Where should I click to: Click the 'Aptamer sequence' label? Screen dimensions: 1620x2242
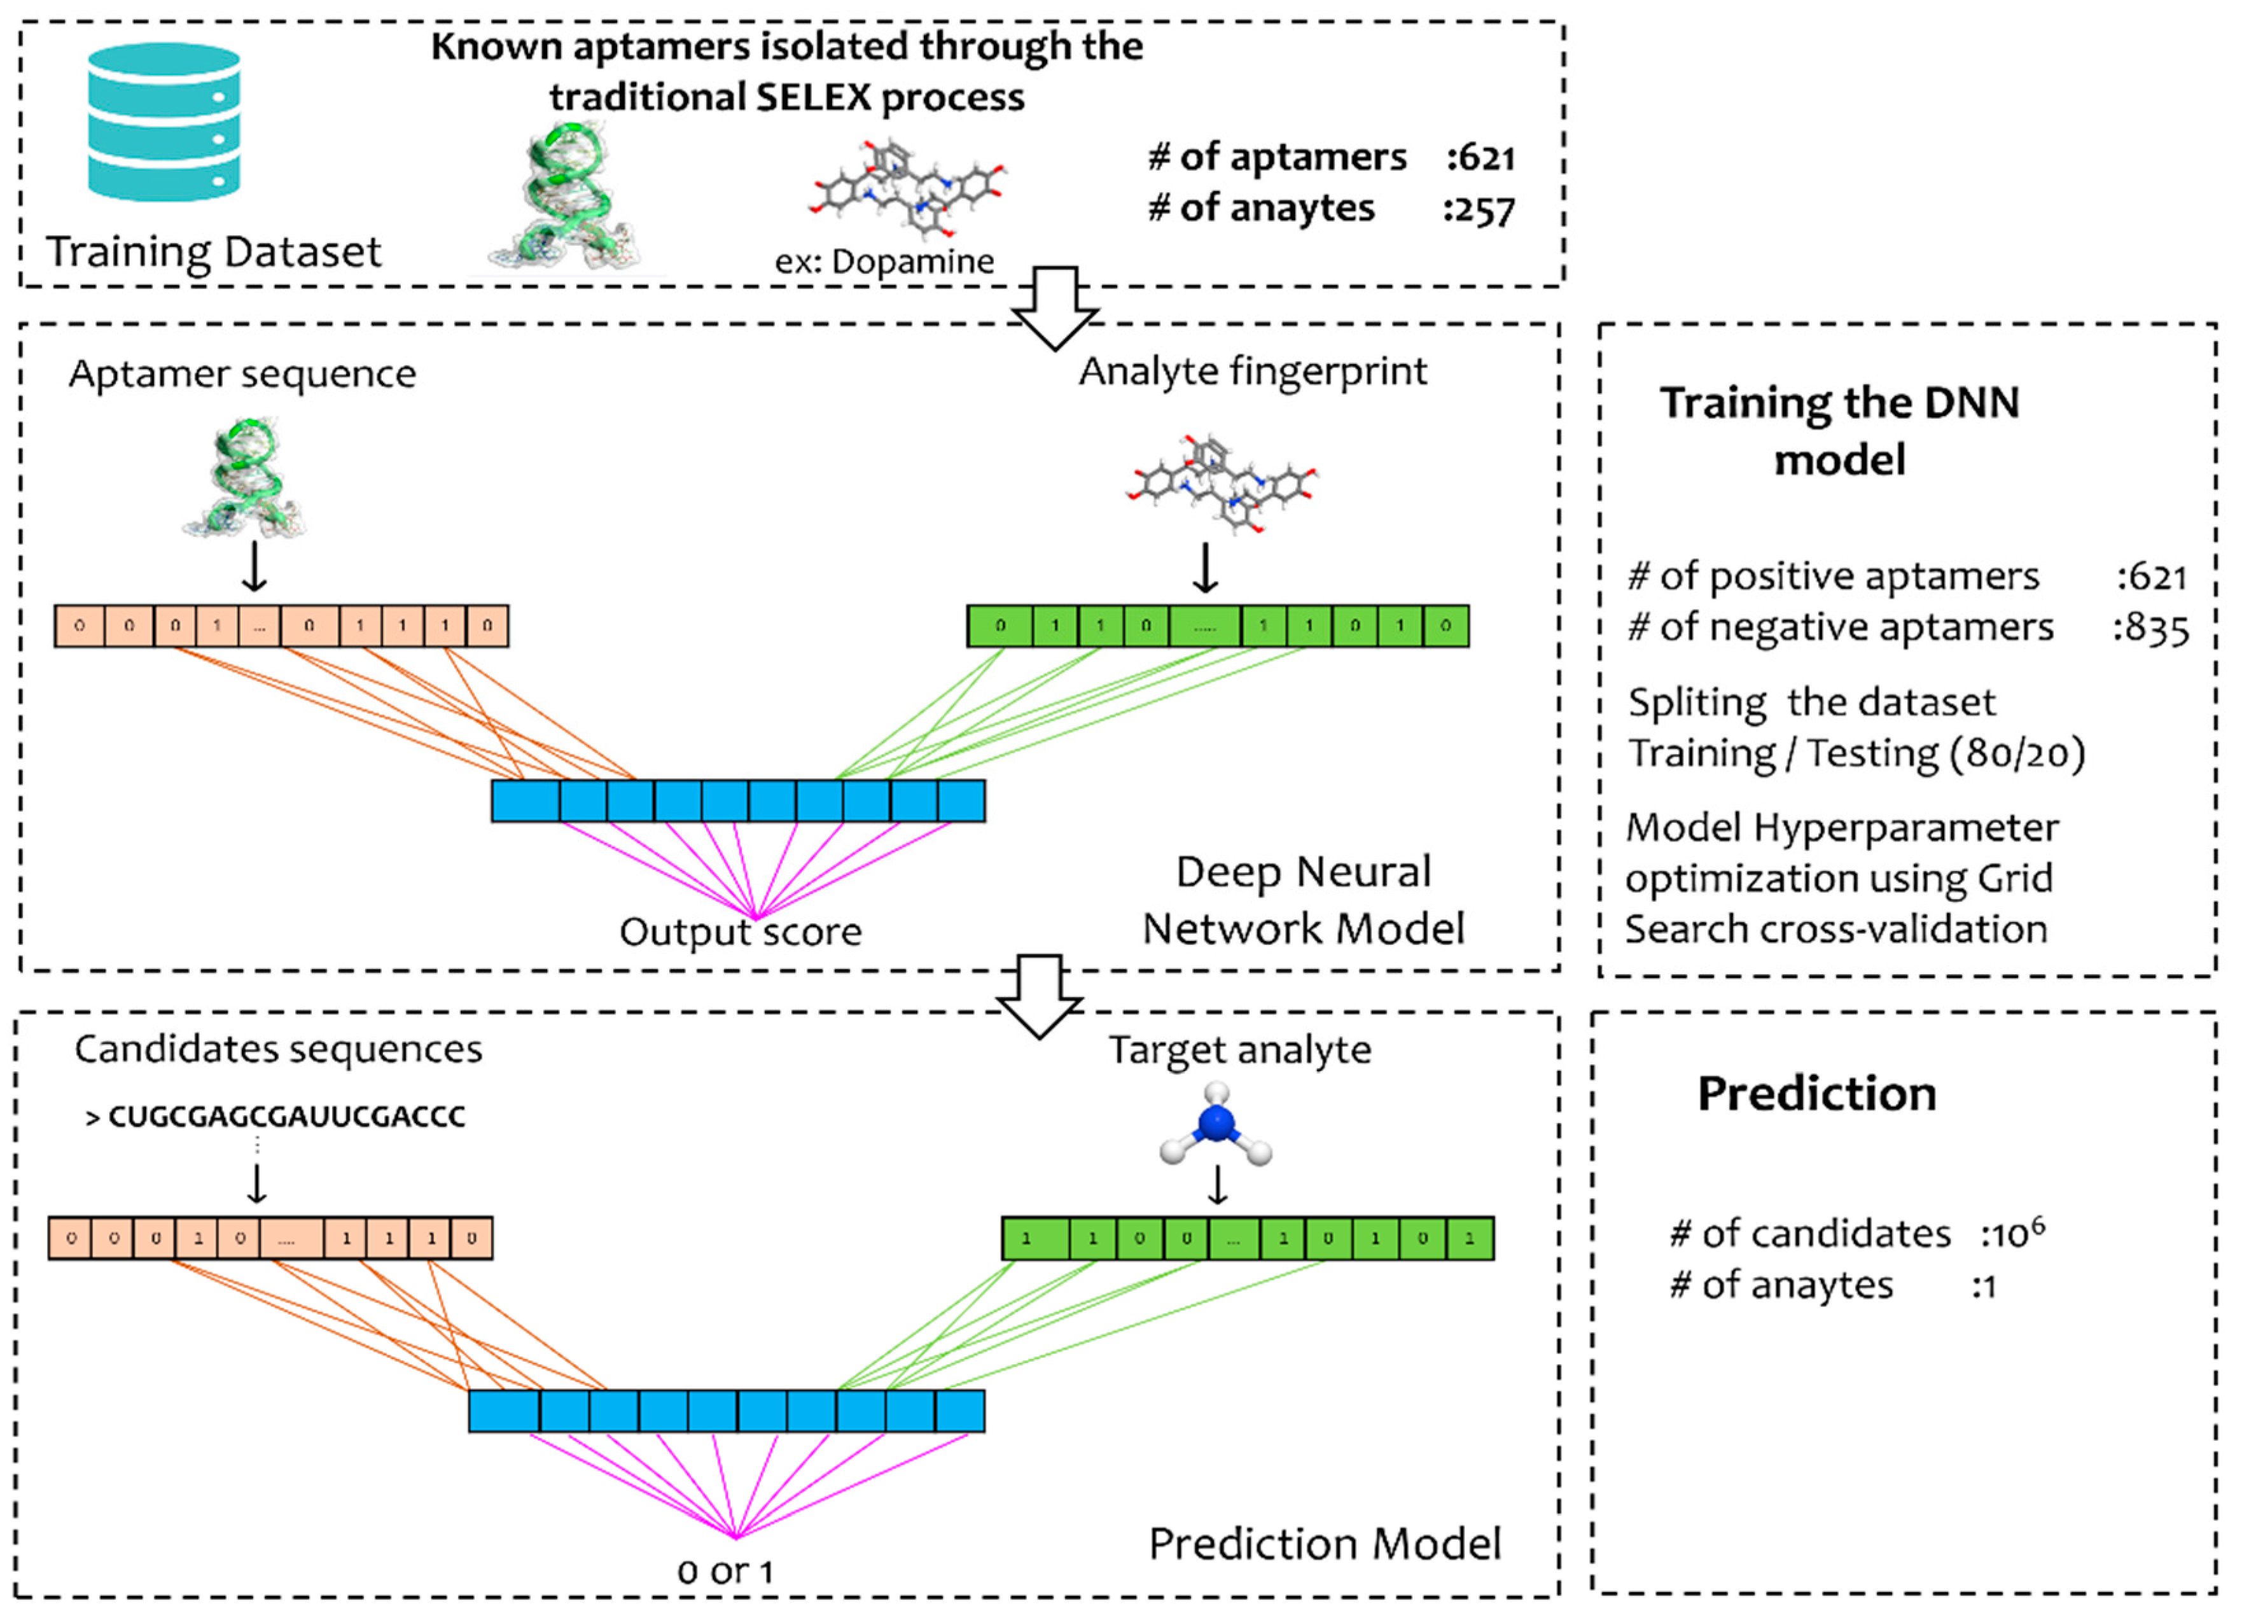[242, 374]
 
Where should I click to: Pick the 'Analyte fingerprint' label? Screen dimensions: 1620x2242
[1253, 372]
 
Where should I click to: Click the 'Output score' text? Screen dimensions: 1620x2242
[741, 931]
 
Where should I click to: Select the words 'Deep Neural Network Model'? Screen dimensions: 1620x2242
[1303, 900]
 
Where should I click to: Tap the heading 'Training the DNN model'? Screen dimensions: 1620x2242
[1839, 430]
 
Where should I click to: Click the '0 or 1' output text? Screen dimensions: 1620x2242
[725, 1572]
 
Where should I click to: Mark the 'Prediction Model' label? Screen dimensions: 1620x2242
[1325, 1543]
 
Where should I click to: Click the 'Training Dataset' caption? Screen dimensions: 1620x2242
[214, 251]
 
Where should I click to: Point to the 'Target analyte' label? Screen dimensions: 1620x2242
[1239, 1050]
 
